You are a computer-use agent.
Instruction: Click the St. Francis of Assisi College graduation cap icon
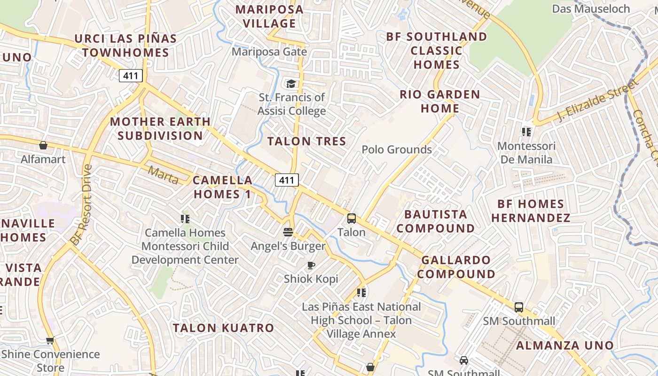pos(291,84)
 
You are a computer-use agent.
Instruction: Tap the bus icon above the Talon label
pos(352,218)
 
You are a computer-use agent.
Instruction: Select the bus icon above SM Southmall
pos(519,307)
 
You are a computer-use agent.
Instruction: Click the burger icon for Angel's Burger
pos(288,232)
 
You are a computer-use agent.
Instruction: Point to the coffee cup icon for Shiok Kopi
pos(311,266)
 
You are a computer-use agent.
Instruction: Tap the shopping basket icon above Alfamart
pos(43,145)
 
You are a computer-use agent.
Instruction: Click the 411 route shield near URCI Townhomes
pos(131,75)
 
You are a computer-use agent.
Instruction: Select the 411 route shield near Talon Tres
pos(287,180)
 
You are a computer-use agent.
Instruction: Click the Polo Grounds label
pos(397,149)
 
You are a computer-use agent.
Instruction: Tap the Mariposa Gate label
pos(269,52)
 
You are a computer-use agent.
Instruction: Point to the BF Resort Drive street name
pos(81,204)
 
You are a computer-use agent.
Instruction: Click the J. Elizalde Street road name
pos(598,100)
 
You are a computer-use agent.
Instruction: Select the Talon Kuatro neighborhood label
pos(223,328)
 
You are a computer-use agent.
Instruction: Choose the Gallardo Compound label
pos(456,267)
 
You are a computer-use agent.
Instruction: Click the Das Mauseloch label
pos(591,9)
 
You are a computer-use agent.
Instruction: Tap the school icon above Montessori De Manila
pos(526,132)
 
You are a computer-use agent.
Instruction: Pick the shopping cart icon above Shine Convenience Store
pos(50,340)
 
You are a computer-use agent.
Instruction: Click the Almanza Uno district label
pos(565,345)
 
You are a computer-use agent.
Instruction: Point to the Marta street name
pos(163,175)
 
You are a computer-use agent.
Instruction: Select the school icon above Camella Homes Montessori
pos(185,219)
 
